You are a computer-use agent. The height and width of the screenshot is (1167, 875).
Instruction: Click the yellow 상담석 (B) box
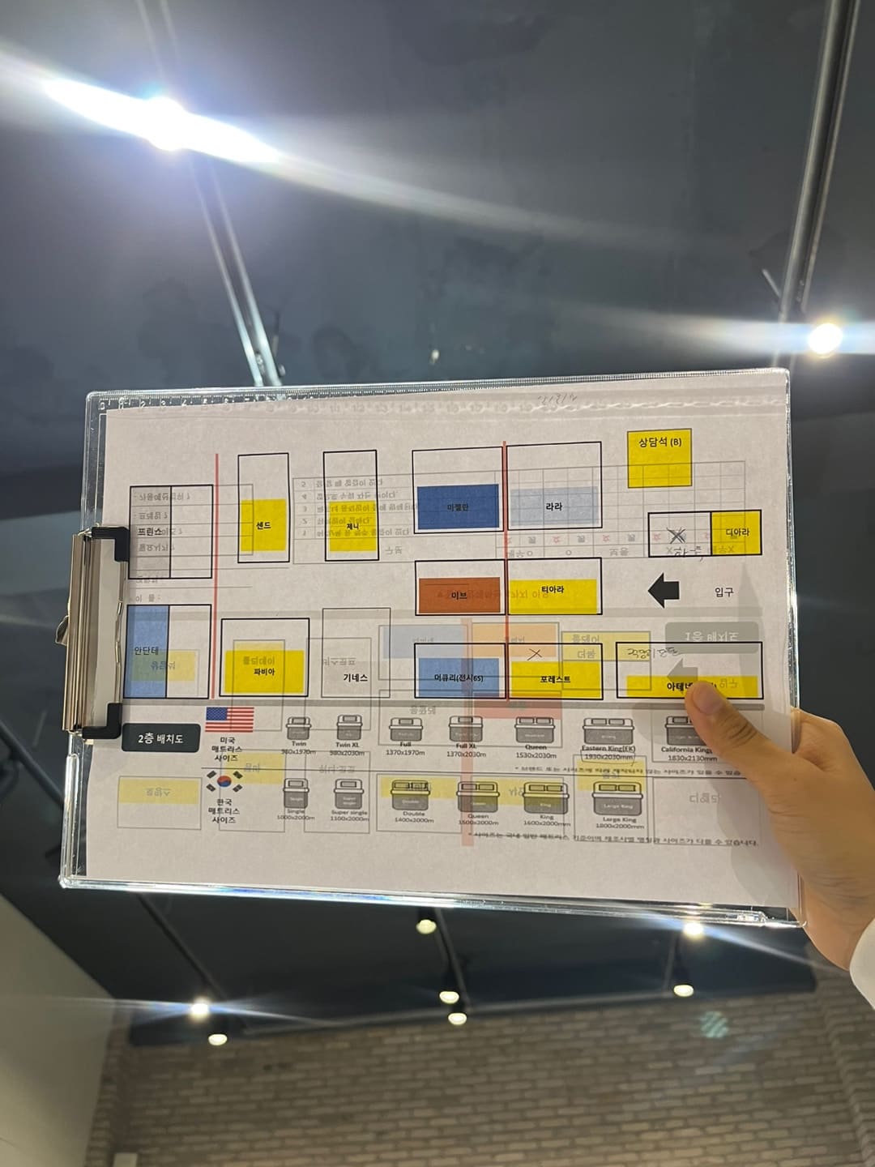click(x=659, y=457)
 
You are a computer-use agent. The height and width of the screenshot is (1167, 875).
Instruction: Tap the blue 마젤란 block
click(x=458, y=507)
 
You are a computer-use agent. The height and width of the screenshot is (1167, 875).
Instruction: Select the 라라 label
click(x=553, y=507)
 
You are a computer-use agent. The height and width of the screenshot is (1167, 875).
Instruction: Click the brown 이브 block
click(x=459, y=595)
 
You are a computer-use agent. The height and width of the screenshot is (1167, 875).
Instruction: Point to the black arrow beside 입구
click(x=664, y=590)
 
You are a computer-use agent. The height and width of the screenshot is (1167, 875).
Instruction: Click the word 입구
click(x=723, y=592)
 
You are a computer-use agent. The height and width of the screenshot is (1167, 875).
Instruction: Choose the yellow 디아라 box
click(x=736, y=532)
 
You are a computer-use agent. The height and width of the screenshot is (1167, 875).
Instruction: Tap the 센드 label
click(x=263, y=525)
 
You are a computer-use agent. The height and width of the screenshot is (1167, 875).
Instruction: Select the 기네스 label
click(x=355, y=678)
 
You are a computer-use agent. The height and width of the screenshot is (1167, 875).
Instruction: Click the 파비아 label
click(x=264, y=672)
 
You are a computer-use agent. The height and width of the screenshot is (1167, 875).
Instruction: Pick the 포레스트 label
click(x=555, y=679)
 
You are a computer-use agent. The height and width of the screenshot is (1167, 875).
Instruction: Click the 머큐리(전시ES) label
click(x=459, y=678)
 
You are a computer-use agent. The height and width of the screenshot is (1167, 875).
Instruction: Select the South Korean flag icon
click(x=224, y=782)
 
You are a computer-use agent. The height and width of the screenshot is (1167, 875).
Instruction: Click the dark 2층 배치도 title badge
click(x=160, y=738)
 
